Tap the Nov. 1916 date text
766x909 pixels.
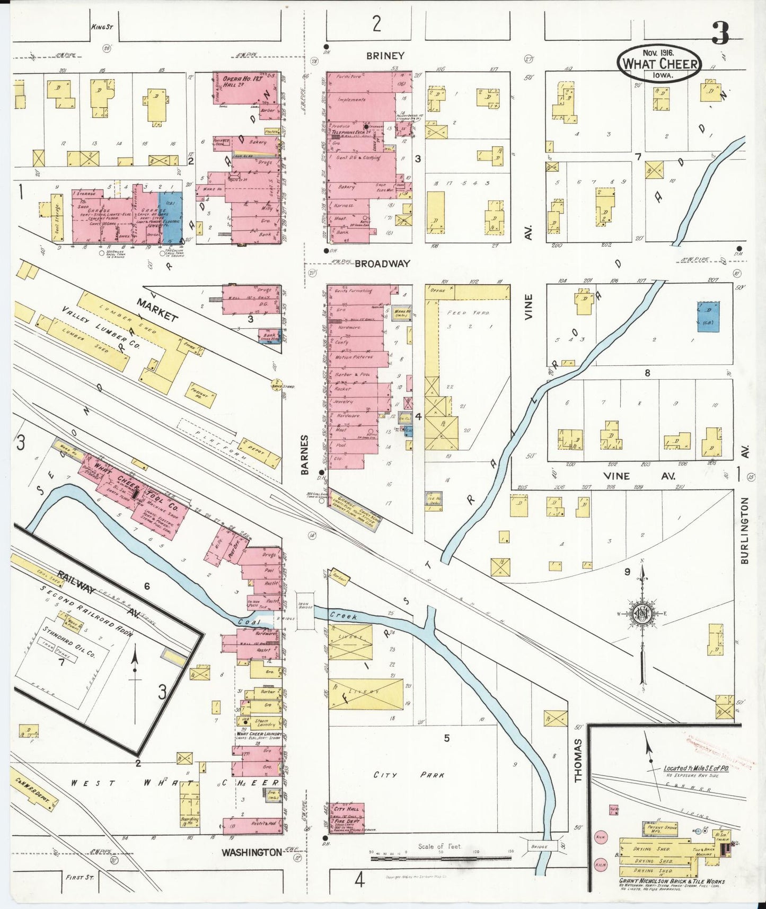657,53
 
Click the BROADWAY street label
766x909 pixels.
382,264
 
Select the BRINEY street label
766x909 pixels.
385,56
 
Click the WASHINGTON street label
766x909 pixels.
252,852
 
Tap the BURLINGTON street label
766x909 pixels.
745,530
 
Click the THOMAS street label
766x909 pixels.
578,760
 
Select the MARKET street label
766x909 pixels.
157,309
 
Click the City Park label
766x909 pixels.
409,775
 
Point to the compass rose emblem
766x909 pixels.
642,614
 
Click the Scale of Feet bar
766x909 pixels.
439,858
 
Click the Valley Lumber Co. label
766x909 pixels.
100,327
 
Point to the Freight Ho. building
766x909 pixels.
201,396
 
